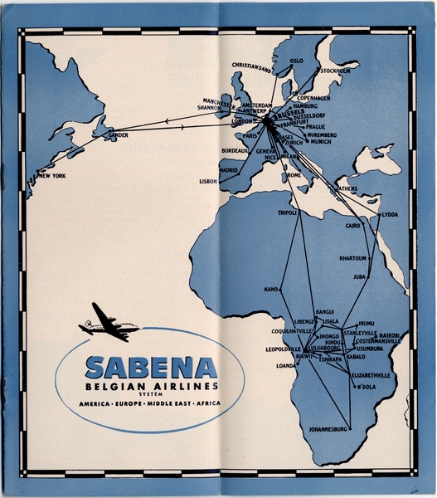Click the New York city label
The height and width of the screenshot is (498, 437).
(52, 176)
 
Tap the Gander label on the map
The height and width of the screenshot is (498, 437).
(117, 134)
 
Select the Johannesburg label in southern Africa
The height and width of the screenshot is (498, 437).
(328, 430)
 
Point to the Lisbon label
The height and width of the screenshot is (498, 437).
(207, 180)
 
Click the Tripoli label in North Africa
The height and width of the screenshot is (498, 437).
(288, 213)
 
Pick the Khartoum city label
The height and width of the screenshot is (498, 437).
(352, 258)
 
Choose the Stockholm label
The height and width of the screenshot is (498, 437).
(336, 71)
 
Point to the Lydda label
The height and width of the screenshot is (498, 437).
(389, 214)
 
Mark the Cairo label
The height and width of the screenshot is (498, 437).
(353, 226)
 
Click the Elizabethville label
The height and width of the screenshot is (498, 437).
(371, 375)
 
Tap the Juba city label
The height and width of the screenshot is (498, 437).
(359, 276)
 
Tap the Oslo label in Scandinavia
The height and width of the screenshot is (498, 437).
(296, 61)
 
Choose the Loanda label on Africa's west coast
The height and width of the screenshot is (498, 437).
(285, 365)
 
